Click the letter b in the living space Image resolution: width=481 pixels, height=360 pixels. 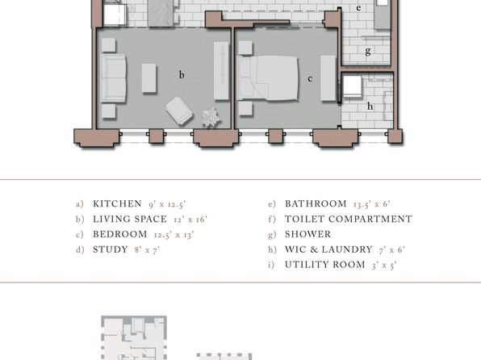182,74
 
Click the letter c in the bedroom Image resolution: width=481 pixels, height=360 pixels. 310,79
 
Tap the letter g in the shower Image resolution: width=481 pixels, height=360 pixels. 368,51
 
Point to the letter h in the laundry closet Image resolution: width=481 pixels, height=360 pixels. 370,107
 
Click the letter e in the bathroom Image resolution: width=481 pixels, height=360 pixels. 358,8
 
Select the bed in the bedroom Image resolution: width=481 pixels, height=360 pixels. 268,78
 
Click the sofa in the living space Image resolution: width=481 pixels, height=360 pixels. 113,78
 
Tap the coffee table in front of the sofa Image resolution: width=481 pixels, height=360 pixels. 149,78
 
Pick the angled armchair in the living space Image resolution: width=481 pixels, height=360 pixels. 179,111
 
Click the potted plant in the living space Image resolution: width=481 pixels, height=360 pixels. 211,117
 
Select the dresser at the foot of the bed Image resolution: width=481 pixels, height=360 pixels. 328,78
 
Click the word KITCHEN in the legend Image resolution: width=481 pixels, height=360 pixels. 117,203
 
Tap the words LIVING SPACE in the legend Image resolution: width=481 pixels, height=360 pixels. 130,219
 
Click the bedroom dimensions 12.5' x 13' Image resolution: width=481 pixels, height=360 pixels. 174,235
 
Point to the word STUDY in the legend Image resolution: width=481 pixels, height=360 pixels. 111,249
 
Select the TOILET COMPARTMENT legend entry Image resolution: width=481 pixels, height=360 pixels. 349,219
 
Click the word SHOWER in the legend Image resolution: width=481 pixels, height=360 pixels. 308,234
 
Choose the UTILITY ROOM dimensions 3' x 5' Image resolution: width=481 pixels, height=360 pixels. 384,266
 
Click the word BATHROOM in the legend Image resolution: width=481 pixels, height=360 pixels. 316,203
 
